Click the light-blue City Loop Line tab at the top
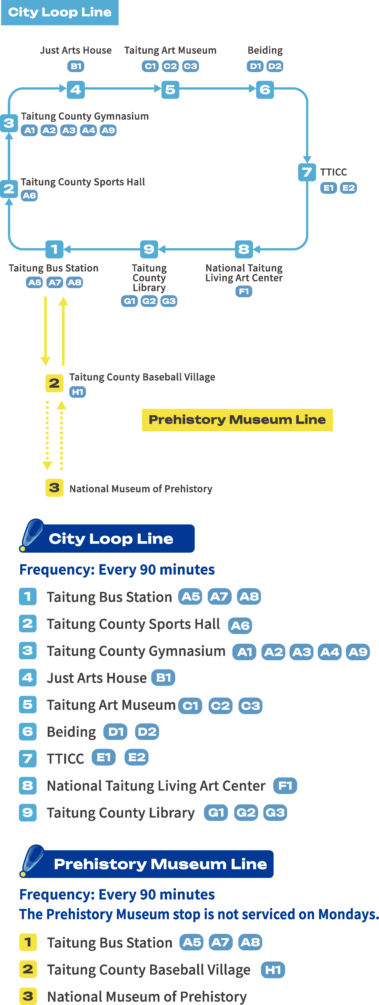coord(60,12)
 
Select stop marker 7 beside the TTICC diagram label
coord(307,172)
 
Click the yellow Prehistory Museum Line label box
coord(237,420)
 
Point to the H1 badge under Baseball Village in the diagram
coord(78,392)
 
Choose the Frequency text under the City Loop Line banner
coord(117,570)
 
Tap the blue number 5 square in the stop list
coord(28,705)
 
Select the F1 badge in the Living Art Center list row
coord(285,785)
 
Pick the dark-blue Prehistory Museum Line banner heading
coord(160,864)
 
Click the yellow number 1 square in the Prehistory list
coord(28,942)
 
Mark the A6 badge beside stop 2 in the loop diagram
coord(29,195)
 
